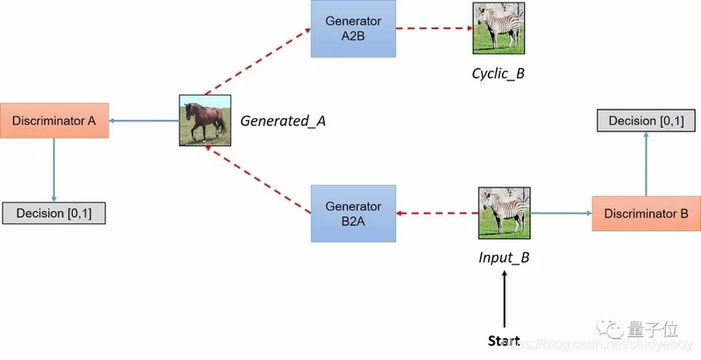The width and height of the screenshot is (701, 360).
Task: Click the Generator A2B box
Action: (x=353, y=28)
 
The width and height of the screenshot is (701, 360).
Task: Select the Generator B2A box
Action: (x=352, y=213)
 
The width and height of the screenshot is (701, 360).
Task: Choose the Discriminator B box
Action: (x=646, y=213)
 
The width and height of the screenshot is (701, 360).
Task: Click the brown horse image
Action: (x=203, y=120)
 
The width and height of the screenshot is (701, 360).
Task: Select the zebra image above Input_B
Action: (x=503, y=212)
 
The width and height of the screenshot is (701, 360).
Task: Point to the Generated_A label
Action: (x=283, y=121)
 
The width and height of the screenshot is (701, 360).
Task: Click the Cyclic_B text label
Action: (x=497, y=73)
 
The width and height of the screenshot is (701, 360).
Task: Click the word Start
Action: (x=504, y=340)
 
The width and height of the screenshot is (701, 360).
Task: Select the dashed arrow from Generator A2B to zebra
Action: (x=434, y=29)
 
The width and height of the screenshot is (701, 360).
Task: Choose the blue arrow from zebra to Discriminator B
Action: (x=561, y=213)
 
